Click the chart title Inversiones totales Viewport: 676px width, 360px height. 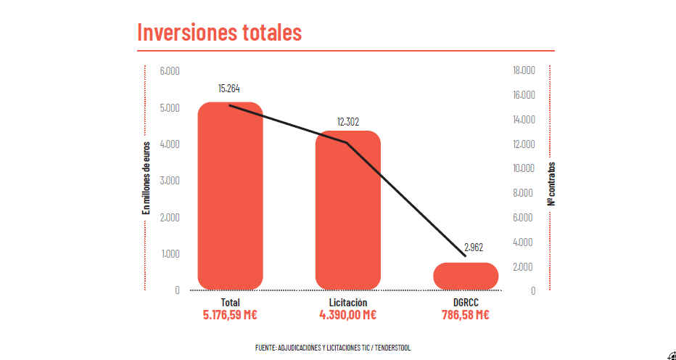pos(219,32)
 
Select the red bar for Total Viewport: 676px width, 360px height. pos(230,196)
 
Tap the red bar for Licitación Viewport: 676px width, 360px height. pos(348,210)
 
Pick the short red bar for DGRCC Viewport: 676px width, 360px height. pos(466,276)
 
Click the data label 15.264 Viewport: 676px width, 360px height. pos(229,88)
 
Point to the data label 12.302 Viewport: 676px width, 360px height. pos(348,121)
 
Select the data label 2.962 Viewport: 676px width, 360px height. pos(474,247)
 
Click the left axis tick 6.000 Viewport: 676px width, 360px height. pos(170,71)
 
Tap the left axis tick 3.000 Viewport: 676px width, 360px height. pos(170,181)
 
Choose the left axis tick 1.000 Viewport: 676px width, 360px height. pos(170,254)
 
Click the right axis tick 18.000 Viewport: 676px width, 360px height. pos(524,70)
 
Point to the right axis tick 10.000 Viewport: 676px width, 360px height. pos(524,168)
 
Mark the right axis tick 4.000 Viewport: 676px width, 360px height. pos(524,242)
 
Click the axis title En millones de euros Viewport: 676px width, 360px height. pos(146,178)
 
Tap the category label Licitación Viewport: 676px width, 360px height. pos(348,303)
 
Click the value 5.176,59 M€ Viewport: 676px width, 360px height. pos(230,315)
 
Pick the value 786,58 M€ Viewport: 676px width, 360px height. pos(466,315)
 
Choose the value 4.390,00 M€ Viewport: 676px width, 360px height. pos(348,315)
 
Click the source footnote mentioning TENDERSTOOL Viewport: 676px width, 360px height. pos(333,348)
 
